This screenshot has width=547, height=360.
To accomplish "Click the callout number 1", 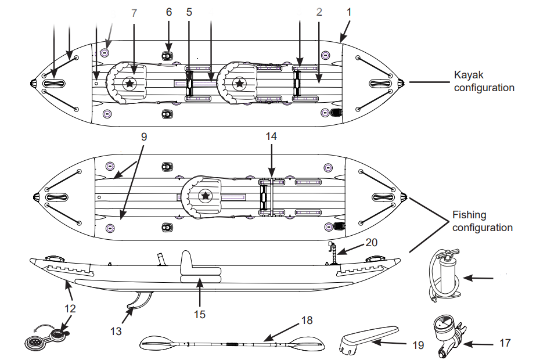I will click(349, 11).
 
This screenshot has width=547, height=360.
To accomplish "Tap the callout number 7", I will click(134, 12).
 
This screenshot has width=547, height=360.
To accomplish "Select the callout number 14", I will click(271, 136).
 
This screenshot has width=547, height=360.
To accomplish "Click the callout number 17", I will click(505, 343).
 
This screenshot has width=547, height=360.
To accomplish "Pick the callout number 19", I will click(418, 345).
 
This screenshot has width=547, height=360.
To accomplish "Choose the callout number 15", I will click(199, 314).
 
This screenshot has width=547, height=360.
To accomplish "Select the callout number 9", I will click(144, 137).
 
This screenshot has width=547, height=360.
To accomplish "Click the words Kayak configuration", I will click(484, 81).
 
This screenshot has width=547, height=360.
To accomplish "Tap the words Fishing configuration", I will click(483, 221).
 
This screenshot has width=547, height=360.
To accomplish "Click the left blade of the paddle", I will click(159, 344).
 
